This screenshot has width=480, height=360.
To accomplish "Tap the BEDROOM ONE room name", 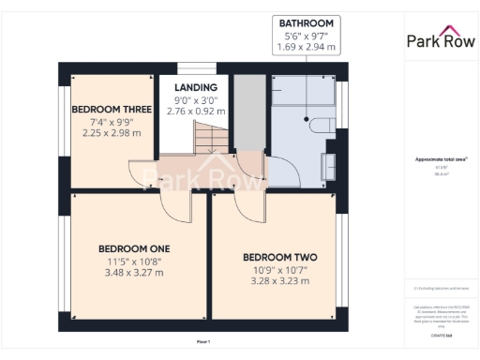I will click(133, 248).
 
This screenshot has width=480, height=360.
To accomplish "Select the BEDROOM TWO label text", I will click(279, 258).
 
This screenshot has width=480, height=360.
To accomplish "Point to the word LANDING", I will click(196, 88).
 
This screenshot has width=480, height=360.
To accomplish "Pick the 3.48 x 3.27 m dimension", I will click(133, 273).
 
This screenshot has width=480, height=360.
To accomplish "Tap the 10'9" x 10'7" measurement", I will click(279, 270).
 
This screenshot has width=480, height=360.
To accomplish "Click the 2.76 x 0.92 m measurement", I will click(196, 111).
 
